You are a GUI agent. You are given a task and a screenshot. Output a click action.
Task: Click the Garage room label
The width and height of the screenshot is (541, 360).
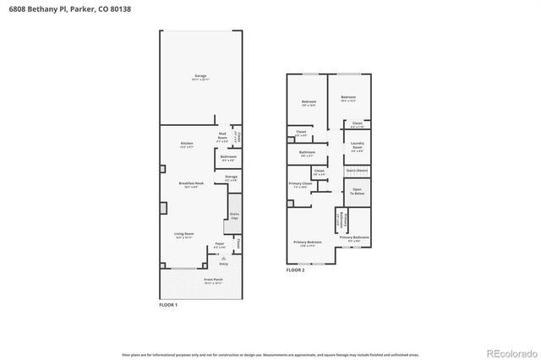[200, 77]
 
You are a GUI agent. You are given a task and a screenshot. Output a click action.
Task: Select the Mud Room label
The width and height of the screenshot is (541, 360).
[222, 135]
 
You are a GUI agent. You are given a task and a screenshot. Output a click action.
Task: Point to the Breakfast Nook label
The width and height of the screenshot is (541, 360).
[189, 184]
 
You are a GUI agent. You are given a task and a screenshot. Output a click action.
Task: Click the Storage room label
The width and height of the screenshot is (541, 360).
[231, 177]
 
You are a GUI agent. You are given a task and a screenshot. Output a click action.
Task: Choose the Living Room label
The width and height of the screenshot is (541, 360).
[184, 237]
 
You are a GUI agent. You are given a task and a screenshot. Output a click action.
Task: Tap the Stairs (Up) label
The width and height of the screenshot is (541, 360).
[234, 215]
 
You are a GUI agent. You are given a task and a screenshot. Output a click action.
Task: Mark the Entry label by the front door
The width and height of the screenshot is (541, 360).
[223, 264]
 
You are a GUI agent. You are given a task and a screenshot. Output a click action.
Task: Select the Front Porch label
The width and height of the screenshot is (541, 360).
[213, 280]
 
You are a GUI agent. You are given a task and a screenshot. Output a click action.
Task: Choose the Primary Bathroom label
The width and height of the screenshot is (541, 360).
[355, 238]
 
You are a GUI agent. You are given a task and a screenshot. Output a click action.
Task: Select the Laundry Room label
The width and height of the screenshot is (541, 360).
[357, 149]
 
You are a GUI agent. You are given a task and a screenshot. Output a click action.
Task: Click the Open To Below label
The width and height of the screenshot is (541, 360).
[357, 192]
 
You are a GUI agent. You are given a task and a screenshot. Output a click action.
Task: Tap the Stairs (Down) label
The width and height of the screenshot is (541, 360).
[357, 171]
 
